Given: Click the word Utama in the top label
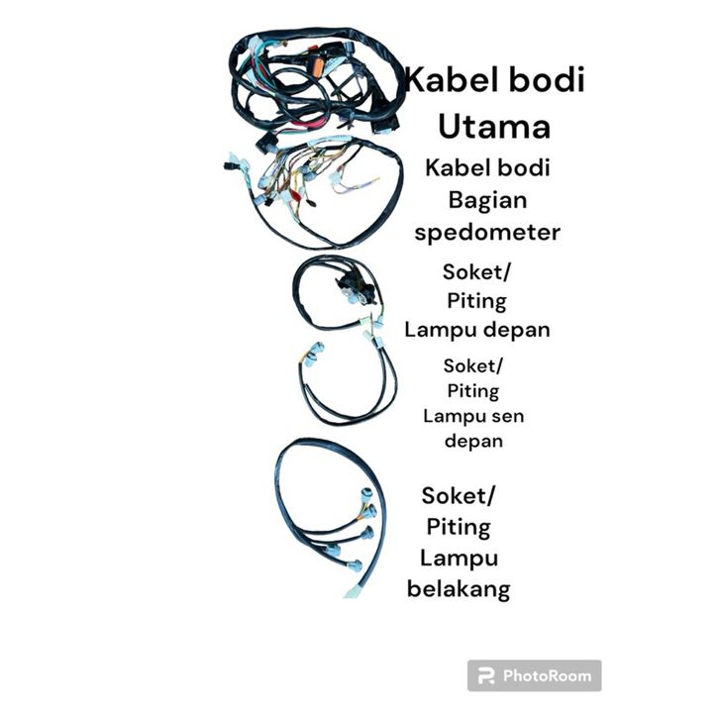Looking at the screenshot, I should pos(493,127).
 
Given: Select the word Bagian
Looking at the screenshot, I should pos(488,201).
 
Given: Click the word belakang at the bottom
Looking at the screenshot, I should pos(459,590).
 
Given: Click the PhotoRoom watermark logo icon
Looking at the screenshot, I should pos(486,676).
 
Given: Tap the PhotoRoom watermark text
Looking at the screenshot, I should pos(547,676).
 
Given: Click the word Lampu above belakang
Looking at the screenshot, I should pos(458,558).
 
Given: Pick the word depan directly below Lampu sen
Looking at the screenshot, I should pos(473,441).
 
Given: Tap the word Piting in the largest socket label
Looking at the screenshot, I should pos(459,526).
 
